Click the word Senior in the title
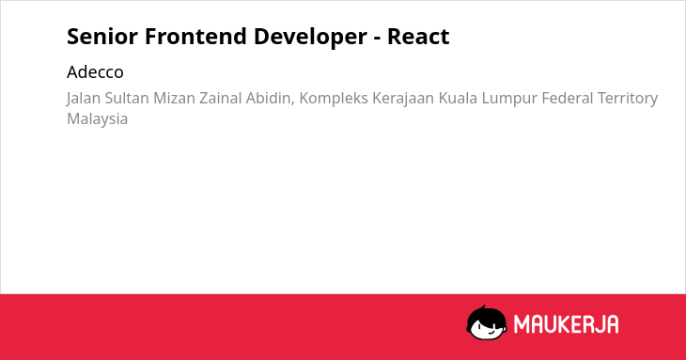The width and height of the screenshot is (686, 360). (x=102, y=37)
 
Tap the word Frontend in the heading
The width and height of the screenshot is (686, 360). (x=195, y=37)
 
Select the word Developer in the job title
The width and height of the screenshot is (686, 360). (x=310, y=38)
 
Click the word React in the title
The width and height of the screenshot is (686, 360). (x=418, y=37)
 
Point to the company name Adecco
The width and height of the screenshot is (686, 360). (x=95, y=72)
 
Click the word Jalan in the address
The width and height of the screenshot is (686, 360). (x=83, y=99)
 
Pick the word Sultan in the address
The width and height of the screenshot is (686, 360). (x=127, y=98)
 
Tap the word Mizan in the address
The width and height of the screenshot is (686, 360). (x=174, y=98)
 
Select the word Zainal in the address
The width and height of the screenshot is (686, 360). (x=221, y=98)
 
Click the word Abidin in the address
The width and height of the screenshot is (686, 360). (x=270, y=99)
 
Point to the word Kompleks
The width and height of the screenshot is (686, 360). (x=334, y=99)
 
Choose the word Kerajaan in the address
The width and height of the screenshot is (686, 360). (x=403, y=99)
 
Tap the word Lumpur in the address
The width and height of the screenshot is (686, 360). (x=509, y=99)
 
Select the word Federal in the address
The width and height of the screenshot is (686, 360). (x=567, y=98)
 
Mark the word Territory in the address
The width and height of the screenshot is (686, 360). (x=628, y=99)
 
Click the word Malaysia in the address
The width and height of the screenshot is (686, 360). (x=97, y=119)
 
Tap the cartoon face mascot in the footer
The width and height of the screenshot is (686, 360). (x=487, y=322)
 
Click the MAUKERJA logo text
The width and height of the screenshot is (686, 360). (x=566, y=324)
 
